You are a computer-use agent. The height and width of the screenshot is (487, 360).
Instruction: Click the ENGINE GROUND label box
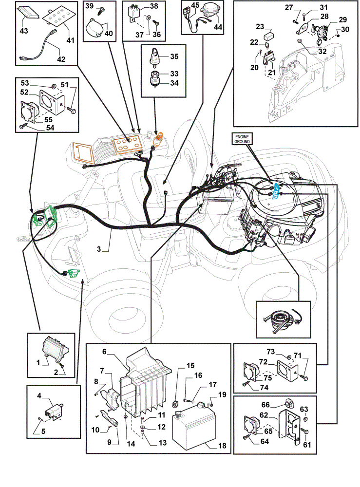coord(242,139)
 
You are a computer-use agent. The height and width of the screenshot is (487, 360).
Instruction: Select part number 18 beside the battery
coord(222,446)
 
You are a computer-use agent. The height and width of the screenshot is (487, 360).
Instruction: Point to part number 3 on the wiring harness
coord(99,249)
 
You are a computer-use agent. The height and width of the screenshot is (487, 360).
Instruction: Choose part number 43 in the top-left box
coord(24,31)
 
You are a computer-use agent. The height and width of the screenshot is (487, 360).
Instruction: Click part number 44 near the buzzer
coord(218,27)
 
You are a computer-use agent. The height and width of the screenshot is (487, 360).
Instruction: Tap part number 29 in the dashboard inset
coord(342,19)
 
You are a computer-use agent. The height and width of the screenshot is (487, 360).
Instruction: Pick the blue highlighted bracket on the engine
coord(276,191)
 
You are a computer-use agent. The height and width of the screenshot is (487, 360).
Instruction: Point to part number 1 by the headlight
coord(38,362)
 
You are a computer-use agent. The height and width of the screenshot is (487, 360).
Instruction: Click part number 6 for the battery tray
coord(104,351)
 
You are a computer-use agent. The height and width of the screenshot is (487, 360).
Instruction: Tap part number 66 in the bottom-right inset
coord(265,405)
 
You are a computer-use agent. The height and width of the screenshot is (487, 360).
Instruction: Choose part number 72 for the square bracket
coord(263,361)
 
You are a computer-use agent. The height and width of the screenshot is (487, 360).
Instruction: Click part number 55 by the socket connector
coord(48,120)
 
